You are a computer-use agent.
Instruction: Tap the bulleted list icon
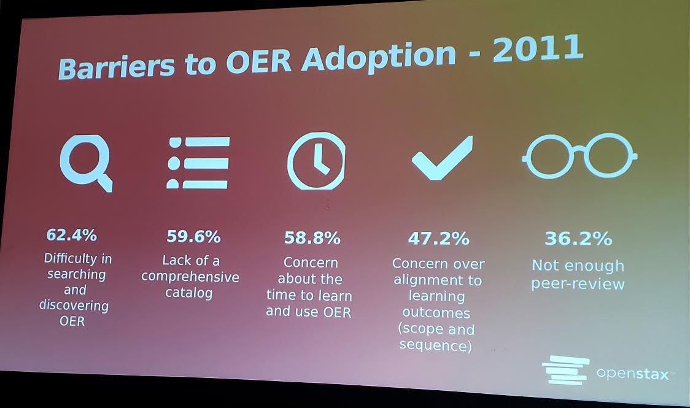[x=197, y=163]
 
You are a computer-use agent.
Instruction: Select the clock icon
[x=316, y=161]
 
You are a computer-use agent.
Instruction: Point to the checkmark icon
[x=441, y=158]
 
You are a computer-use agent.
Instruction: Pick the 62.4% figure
[x=71, y=235]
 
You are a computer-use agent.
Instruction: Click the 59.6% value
[x=193, y=236]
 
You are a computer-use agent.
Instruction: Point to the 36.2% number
[x=578, y=239]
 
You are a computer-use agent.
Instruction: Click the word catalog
[x=189, y=293]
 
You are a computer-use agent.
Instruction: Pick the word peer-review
[x=578, y=284]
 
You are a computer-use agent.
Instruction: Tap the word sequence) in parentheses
[x=436, y=345]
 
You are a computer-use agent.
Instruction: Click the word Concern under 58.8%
[x=311, y=263]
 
